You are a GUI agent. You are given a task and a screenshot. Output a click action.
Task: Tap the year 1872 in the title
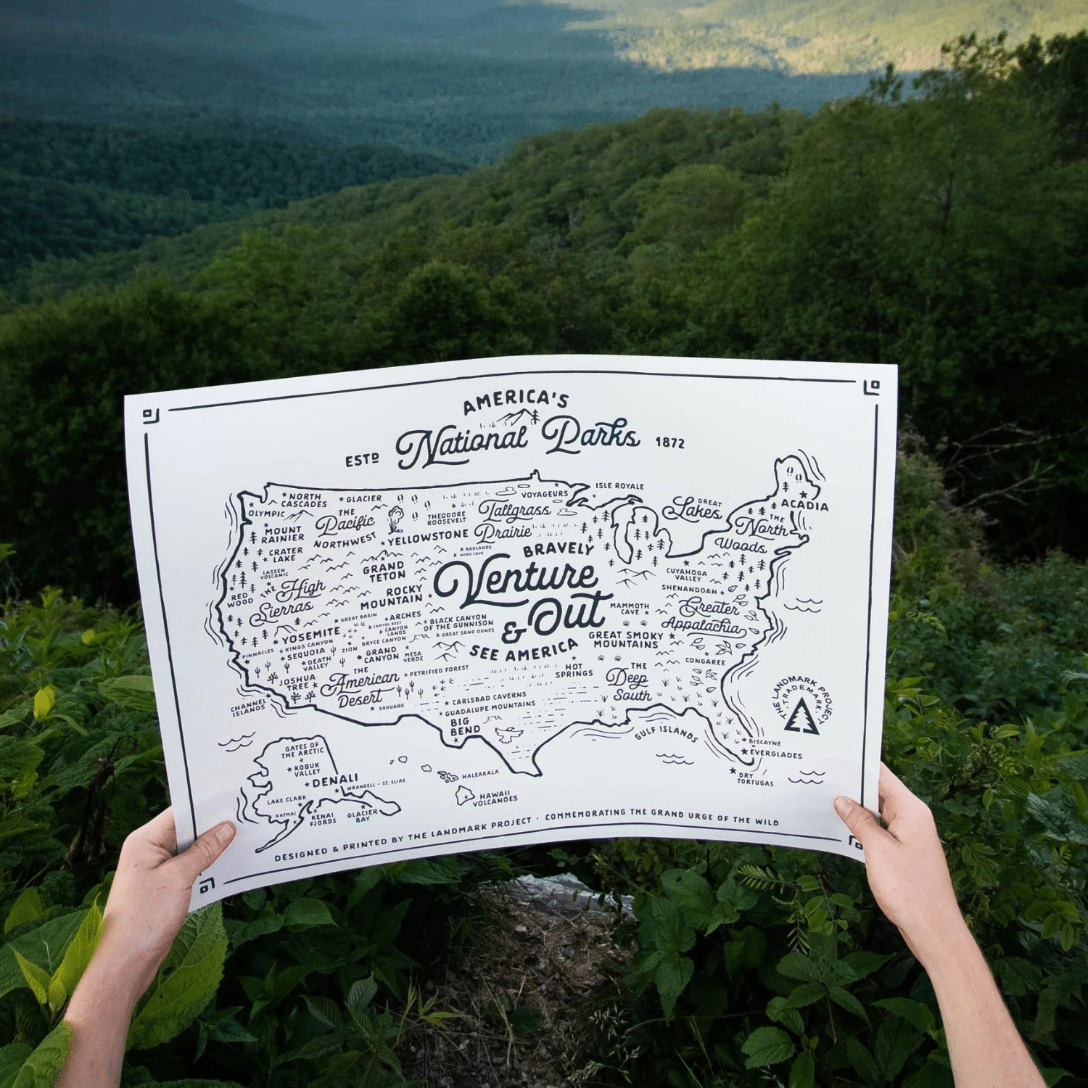pos(669,442)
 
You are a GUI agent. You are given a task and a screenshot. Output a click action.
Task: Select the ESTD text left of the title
pos(362,461)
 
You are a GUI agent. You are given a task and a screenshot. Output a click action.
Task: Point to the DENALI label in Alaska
pos(335,781)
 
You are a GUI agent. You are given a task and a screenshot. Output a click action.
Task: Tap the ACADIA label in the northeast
pos(804,505)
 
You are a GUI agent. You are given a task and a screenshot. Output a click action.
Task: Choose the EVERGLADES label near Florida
pos(775,754)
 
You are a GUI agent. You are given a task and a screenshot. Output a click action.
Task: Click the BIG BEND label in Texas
pos(464,726)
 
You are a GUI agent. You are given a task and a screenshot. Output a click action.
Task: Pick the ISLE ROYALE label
pos(619,486)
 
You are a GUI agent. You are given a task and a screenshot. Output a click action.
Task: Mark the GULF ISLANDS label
pos(666,733)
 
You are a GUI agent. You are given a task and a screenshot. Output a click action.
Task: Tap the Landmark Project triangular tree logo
pos(801,716)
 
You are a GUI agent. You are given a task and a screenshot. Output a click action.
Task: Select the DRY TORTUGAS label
pos(755,779)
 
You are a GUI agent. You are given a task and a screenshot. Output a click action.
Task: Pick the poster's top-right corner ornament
pos(872,387)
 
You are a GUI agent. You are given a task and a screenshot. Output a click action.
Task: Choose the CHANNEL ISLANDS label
pos(248,708)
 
